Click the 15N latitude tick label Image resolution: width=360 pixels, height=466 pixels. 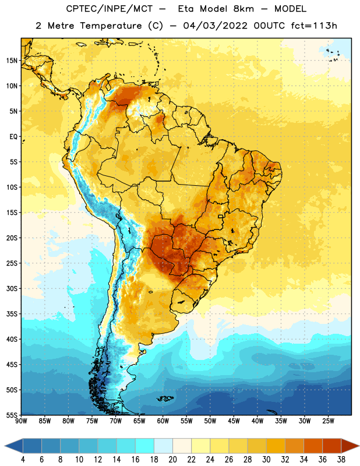point(12,61)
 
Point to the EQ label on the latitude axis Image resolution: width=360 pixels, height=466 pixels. point(13,137)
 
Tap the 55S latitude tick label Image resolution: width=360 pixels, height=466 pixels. point(12,415)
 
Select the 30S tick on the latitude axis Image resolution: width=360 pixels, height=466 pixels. point(12,288)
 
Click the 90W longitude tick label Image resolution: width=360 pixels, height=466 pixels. point(21,421)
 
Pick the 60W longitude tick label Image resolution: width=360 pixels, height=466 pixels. point(163,421)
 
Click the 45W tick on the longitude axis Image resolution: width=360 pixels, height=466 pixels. point(234,421)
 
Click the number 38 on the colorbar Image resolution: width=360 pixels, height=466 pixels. point(341,460)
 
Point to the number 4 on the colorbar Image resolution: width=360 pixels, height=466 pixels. point(23,460)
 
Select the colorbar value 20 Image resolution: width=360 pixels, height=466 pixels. point(172,460)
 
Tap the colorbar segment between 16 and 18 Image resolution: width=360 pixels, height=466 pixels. point(145,446)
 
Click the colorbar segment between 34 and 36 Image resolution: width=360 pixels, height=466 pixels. point(313,446)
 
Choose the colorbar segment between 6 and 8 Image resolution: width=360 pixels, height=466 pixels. point(51,446)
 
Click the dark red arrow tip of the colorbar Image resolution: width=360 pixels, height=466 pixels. point(350,446)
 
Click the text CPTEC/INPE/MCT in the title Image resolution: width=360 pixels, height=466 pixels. point(110,9)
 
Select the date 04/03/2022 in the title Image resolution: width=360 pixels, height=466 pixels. point(215,26)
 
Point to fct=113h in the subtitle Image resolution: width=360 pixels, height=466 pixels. point(314,26)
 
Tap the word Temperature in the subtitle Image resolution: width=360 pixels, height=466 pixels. point(111,26)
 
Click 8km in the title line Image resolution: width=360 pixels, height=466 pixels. point(243,9)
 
